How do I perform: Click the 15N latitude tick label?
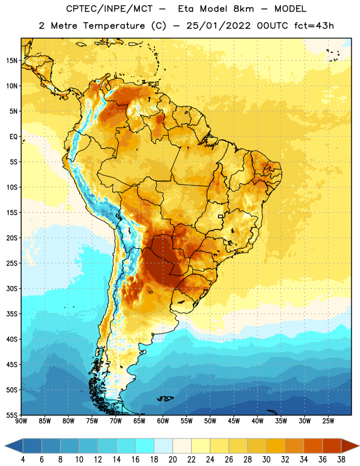(x=12, y=61)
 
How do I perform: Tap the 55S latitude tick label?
(x=12, y=415)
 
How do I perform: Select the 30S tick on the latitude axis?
(x=12, y=288)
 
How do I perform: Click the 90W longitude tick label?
(x=21, y=421)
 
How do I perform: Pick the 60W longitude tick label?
(x=163, y=421)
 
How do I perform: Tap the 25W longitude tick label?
(x=328, y=421)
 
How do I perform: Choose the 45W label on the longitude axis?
(x=234, y=421)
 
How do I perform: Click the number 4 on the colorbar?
(x=23, y=460)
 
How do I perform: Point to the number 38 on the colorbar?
(x=341, y=460)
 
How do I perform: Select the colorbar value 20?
(x=172, y=460)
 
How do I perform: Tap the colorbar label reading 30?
(x=266, y=460)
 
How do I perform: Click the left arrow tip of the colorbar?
(x=5, y=446)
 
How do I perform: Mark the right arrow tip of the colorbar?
(x=359, y=446)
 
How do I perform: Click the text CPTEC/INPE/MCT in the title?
(x=110, y=9)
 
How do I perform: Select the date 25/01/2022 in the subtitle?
(x=218, y=26)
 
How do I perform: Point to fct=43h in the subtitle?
(x=314, y=26)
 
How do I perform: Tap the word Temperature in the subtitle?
(x=114, y=26)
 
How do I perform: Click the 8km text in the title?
(x=243, y=9)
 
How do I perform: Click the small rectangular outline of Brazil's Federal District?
(x=221, y=216)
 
